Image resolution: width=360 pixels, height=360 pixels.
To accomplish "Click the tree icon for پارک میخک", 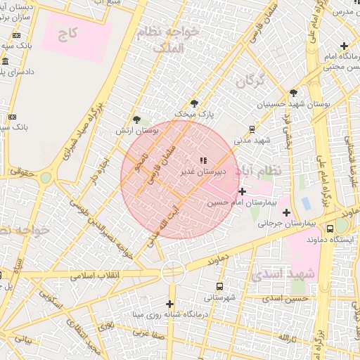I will (x=194, y=103).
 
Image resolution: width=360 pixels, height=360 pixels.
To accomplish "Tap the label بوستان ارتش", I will (x=138, y=131).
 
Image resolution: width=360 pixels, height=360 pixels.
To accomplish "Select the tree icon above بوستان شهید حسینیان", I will (x=293, y=93).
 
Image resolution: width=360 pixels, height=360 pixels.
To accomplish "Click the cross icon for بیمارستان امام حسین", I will (x=242, y=191).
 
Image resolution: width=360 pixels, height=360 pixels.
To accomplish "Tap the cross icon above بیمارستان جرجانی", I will (x=286, y=212).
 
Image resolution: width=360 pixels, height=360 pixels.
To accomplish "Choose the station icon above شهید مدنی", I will (x=251, y=129).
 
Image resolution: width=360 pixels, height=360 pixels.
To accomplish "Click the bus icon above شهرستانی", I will (x=221, y=287).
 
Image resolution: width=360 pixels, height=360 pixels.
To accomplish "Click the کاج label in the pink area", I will (x=68, y=34).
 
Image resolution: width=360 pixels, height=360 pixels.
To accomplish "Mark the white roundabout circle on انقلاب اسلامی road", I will (x=173, y=272).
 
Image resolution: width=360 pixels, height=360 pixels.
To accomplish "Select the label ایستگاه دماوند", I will (x=337, y=239).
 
